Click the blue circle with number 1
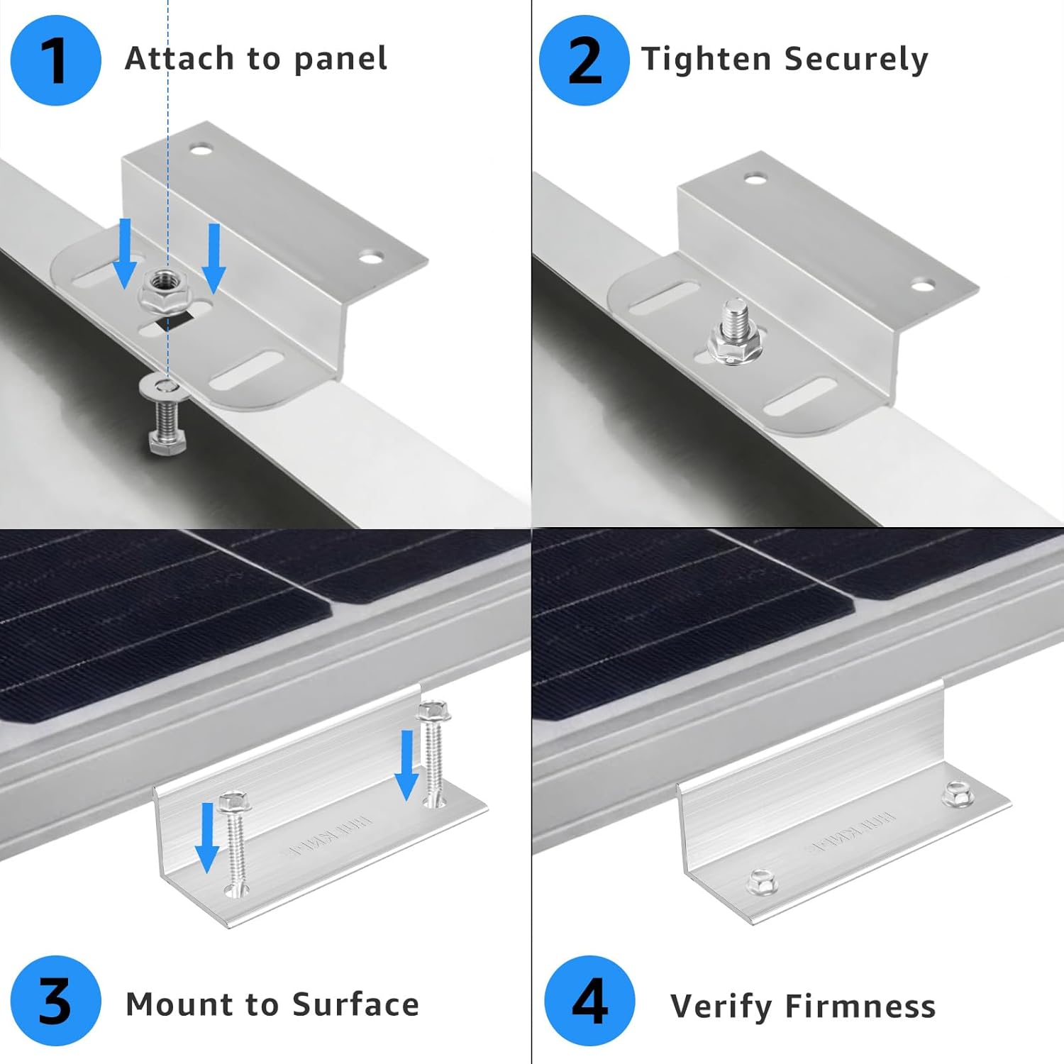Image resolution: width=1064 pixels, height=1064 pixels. [55, 60]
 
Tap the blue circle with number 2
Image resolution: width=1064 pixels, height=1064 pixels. [584, 60]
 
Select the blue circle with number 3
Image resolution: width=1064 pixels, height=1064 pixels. [55, 1002]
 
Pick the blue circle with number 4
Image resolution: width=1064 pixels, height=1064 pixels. [589, 1002]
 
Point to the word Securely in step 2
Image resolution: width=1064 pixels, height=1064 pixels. [856, 60]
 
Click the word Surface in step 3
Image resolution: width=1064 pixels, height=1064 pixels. [355, 1004]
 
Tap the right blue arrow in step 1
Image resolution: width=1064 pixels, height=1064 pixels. [213, 257]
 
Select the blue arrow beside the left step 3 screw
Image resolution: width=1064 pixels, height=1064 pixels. [207, 837]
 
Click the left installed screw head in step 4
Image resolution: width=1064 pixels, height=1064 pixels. [763, 882]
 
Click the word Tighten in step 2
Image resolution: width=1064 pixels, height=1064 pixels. [705, 60]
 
